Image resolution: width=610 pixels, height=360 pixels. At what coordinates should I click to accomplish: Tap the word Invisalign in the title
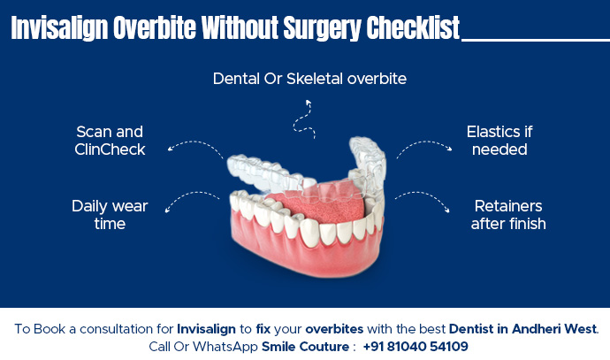(x=60, y=28)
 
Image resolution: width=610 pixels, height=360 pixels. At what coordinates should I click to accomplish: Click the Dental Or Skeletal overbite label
(x=309, y=79)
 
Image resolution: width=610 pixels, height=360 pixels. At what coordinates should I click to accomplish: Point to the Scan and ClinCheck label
(x=110, y=141)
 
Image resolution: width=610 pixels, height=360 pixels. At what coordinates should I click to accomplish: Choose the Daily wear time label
(x=110, y=215)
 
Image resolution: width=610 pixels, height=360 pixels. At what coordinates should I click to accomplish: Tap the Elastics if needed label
(x=499, y=141)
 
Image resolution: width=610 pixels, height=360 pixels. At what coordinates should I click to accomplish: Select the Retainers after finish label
(x=508, y=215)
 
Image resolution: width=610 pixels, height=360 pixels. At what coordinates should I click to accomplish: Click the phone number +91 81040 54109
(x=415, y=346)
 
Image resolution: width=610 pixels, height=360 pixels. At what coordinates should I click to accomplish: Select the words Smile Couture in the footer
(x=304, y=346)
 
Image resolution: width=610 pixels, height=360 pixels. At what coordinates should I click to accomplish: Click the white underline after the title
(x=536, y=39)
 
